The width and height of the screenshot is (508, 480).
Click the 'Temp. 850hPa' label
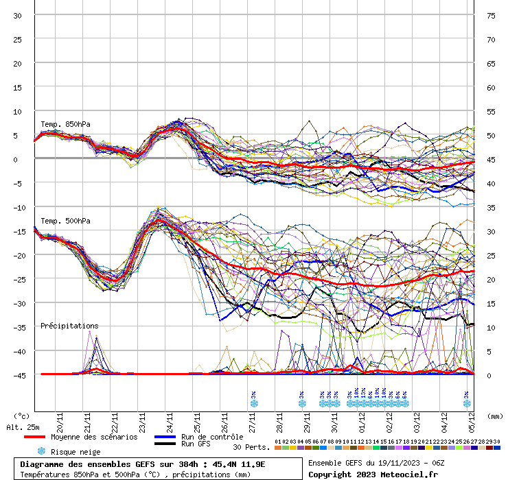65,124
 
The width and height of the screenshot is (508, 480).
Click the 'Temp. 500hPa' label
65,221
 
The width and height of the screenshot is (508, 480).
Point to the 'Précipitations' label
69,326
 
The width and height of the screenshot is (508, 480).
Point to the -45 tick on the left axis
17,375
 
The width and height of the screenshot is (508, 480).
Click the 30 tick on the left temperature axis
17,15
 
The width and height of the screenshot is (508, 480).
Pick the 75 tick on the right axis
491,15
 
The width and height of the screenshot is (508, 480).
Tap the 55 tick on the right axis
491,111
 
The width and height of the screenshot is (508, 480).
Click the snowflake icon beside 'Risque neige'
41,451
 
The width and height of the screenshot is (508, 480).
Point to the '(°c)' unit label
21,416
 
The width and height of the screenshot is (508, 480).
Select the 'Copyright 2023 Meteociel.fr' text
373,474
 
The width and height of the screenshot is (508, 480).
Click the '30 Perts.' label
251,447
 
